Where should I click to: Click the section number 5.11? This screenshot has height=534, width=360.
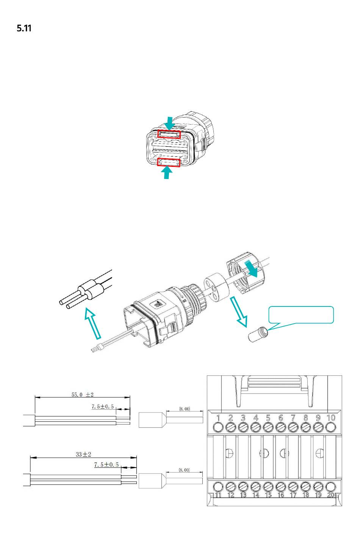24,28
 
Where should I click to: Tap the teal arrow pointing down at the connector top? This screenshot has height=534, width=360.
169,123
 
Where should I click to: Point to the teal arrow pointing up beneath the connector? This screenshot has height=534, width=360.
167,173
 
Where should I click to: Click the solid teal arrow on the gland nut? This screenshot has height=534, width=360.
251,269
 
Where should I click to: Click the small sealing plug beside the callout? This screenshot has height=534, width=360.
258,334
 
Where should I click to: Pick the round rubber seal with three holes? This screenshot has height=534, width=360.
216,287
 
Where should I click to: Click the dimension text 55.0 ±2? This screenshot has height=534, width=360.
83,394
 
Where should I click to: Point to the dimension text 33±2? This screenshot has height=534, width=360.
83,454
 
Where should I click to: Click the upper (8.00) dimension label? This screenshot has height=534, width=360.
185,409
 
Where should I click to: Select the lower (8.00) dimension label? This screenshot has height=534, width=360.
184,470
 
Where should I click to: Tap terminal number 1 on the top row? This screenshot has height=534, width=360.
218,418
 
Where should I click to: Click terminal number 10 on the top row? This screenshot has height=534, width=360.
331,418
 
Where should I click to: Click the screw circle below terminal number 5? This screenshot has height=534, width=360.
268,427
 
